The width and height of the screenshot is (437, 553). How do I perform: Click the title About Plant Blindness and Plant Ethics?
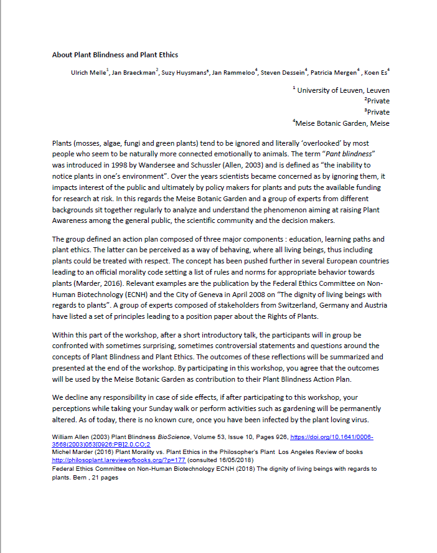click(x=115, y=55)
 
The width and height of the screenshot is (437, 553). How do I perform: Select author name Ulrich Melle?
click(x=88, y=73)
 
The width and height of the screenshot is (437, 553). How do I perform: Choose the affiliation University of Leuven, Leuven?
click(x=343, y=90)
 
